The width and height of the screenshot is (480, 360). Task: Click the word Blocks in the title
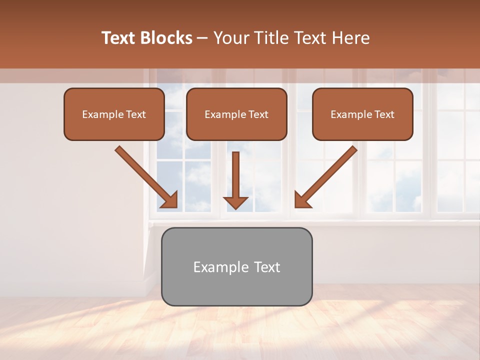click(166, 38)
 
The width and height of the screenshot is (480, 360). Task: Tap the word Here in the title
click(350, 38)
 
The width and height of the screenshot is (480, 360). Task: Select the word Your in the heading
click(230, 38)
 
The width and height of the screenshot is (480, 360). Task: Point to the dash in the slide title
click(202, 38)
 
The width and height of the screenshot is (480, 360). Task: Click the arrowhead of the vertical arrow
click(235, 202)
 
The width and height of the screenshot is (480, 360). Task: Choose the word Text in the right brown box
click(384, 114)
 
